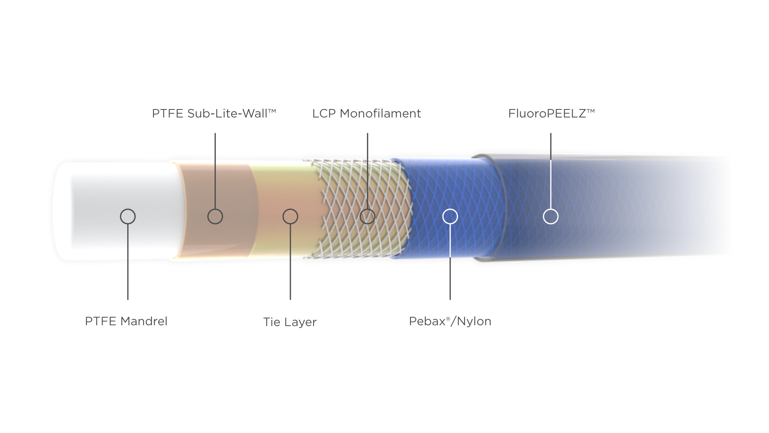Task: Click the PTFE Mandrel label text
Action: pyautogui.click(x=126, y=321)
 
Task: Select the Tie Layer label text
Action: pyautogui.click(x=290, y=322)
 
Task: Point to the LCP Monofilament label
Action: pyautogui.click(x=366, y=113)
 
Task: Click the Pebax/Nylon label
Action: pyautogui.click(x=450, y=321)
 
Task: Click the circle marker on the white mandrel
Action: pyautogui.click(x=128, y=216)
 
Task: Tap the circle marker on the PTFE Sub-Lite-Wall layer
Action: pyautogui.click(x=215, y=216)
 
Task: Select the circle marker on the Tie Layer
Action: pyautogui.click(x=290, y=216)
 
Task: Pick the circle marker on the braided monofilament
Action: pyautogui.click(x=367, y=216)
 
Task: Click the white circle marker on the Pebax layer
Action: pyautogui.click(x=450, y=216)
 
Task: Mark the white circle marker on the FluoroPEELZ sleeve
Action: pyautogui.click(x=551, y=216)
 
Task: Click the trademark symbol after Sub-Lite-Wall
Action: pyautogui.click(x=272, y=111)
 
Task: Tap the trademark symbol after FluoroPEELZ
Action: pyautogui.click(x=591, y=111)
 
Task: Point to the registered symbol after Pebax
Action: pyautogui.click(x=448, y=319)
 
